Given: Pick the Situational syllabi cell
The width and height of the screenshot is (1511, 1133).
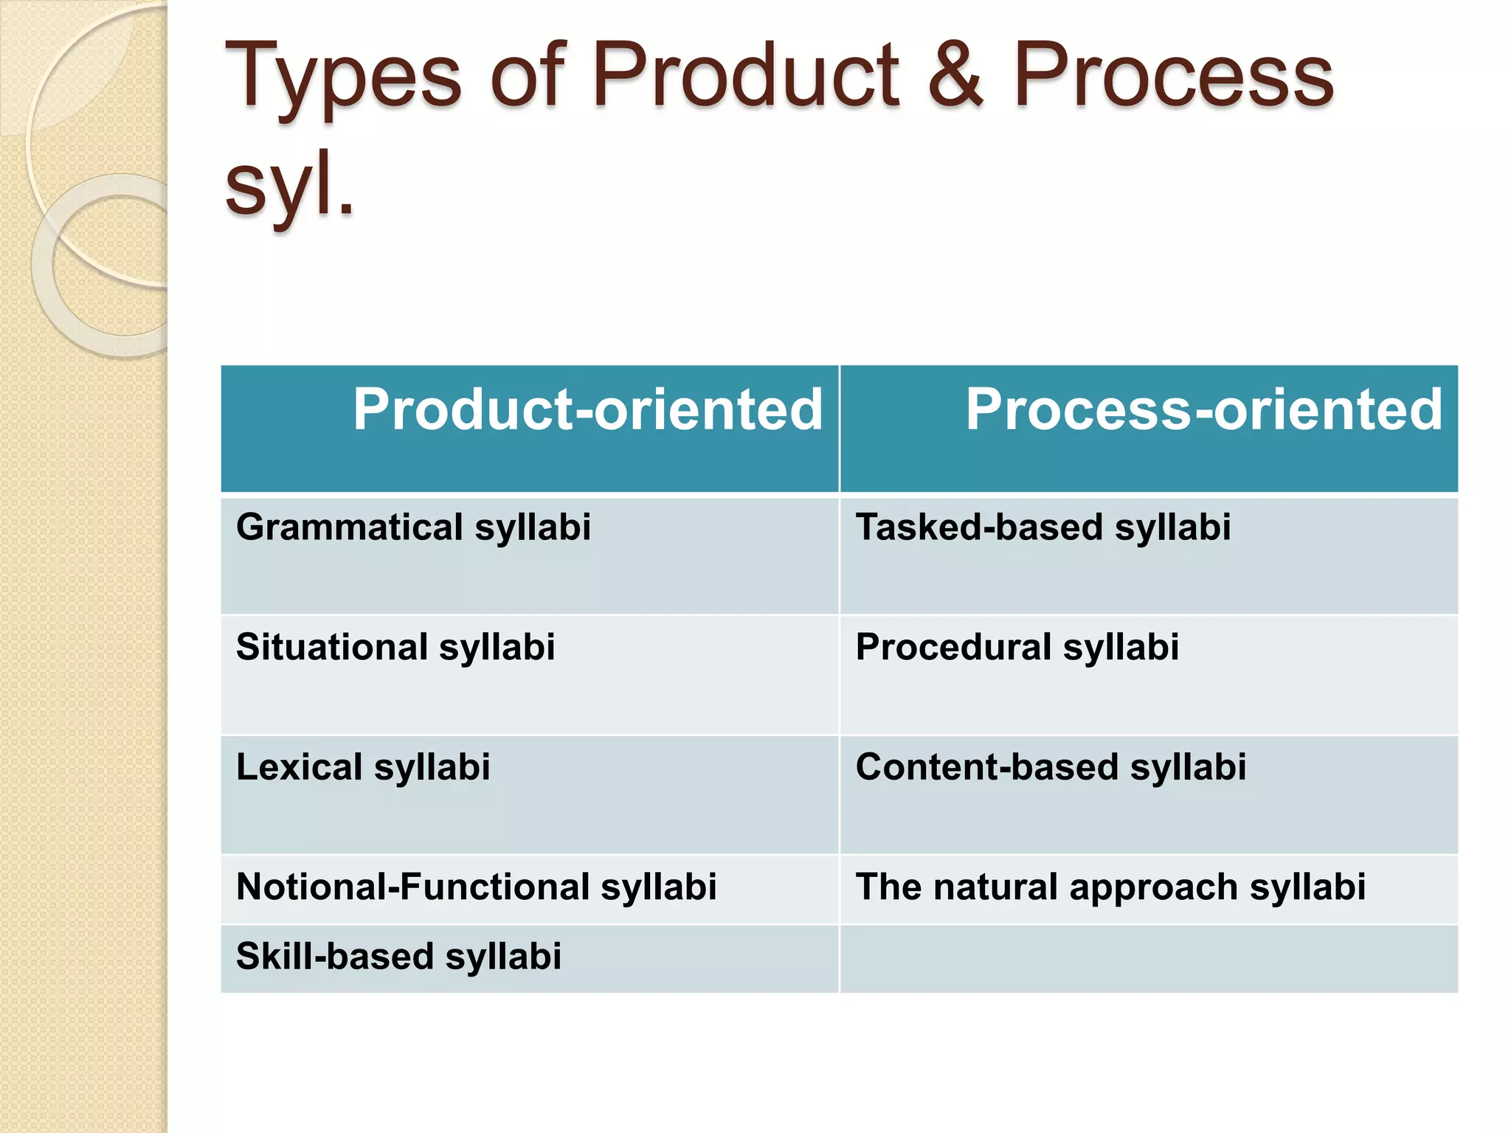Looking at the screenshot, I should tap(395, 648).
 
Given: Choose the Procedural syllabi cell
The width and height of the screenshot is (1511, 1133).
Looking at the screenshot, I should tap(1017, 648).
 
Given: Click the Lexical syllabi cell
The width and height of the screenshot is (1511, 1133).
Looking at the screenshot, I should tap(363, 767).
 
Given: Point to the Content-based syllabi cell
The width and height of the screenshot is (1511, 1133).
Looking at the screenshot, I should tap(1051, 767).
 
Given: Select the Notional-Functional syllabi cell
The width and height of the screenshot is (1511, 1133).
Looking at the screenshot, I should tap(476, 887).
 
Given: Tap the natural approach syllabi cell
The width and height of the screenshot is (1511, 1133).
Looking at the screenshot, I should tap(1110, 887).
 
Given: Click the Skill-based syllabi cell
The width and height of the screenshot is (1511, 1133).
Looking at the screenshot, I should tap(398, 957).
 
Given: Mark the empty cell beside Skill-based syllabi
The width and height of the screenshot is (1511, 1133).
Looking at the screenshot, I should tap(1148, 959).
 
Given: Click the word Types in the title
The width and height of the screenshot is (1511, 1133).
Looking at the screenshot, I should tap(343, 77).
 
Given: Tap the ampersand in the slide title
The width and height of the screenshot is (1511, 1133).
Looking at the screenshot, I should tap(955, 75).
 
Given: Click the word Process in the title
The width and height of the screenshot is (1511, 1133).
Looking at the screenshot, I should tap(1173, 75).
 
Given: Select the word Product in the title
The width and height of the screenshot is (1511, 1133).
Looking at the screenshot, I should tap(745, 75).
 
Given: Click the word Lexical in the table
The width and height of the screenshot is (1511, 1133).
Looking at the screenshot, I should tap(299, 767).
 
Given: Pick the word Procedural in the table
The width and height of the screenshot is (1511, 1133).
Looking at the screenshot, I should tap(953, 648).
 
